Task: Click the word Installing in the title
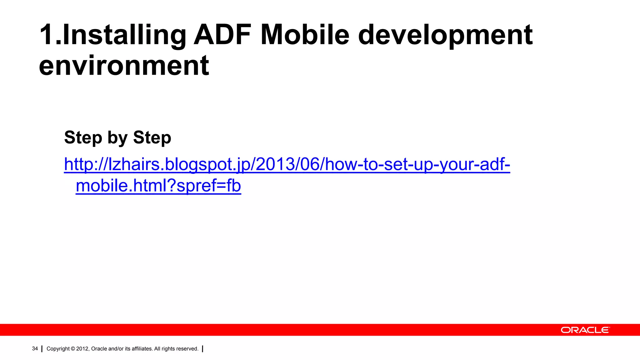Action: (x=124, y=35)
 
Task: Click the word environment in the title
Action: (x=124, y=66)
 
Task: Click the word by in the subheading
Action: (x=117, y=138)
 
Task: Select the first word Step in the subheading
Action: (x=83, y=138)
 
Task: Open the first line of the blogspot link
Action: (x=287, y=164)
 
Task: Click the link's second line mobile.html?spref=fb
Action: (x=158, y=186)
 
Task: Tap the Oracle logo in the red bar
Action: (x=585, y=330)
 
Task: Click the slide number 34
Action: (x=35, y=348)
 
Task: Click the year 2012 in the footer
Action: (x=82, y=349)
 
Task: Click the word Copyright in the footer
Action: (x=58, y=349)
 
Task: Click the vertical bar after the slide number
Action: (x=42, y=349)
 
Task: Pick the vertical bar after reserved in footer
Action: (x=203, y=349)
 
